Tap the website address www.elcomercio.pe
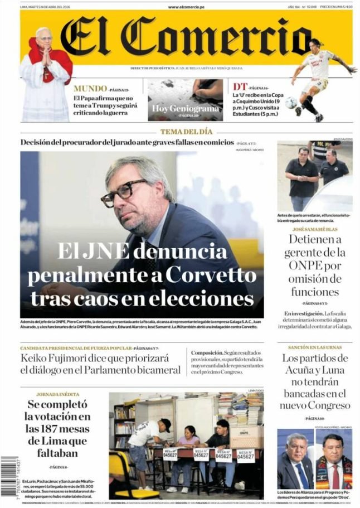coord(186,7)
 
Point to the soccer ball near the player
coord(290,103)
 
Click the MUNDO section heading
coord(90,88)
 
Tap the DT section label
coord(240,86)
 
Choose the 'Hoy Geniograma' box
coord(185,100)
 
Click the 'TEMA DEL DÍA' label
coord(186,132)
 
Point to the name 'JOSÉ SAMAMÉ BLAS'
coord(314,229)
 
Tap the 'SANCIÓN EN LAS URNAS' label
coord(315,347)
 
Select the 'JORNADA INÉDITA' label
coord(57,394)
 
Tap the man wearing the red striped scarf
coord(333,461)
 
